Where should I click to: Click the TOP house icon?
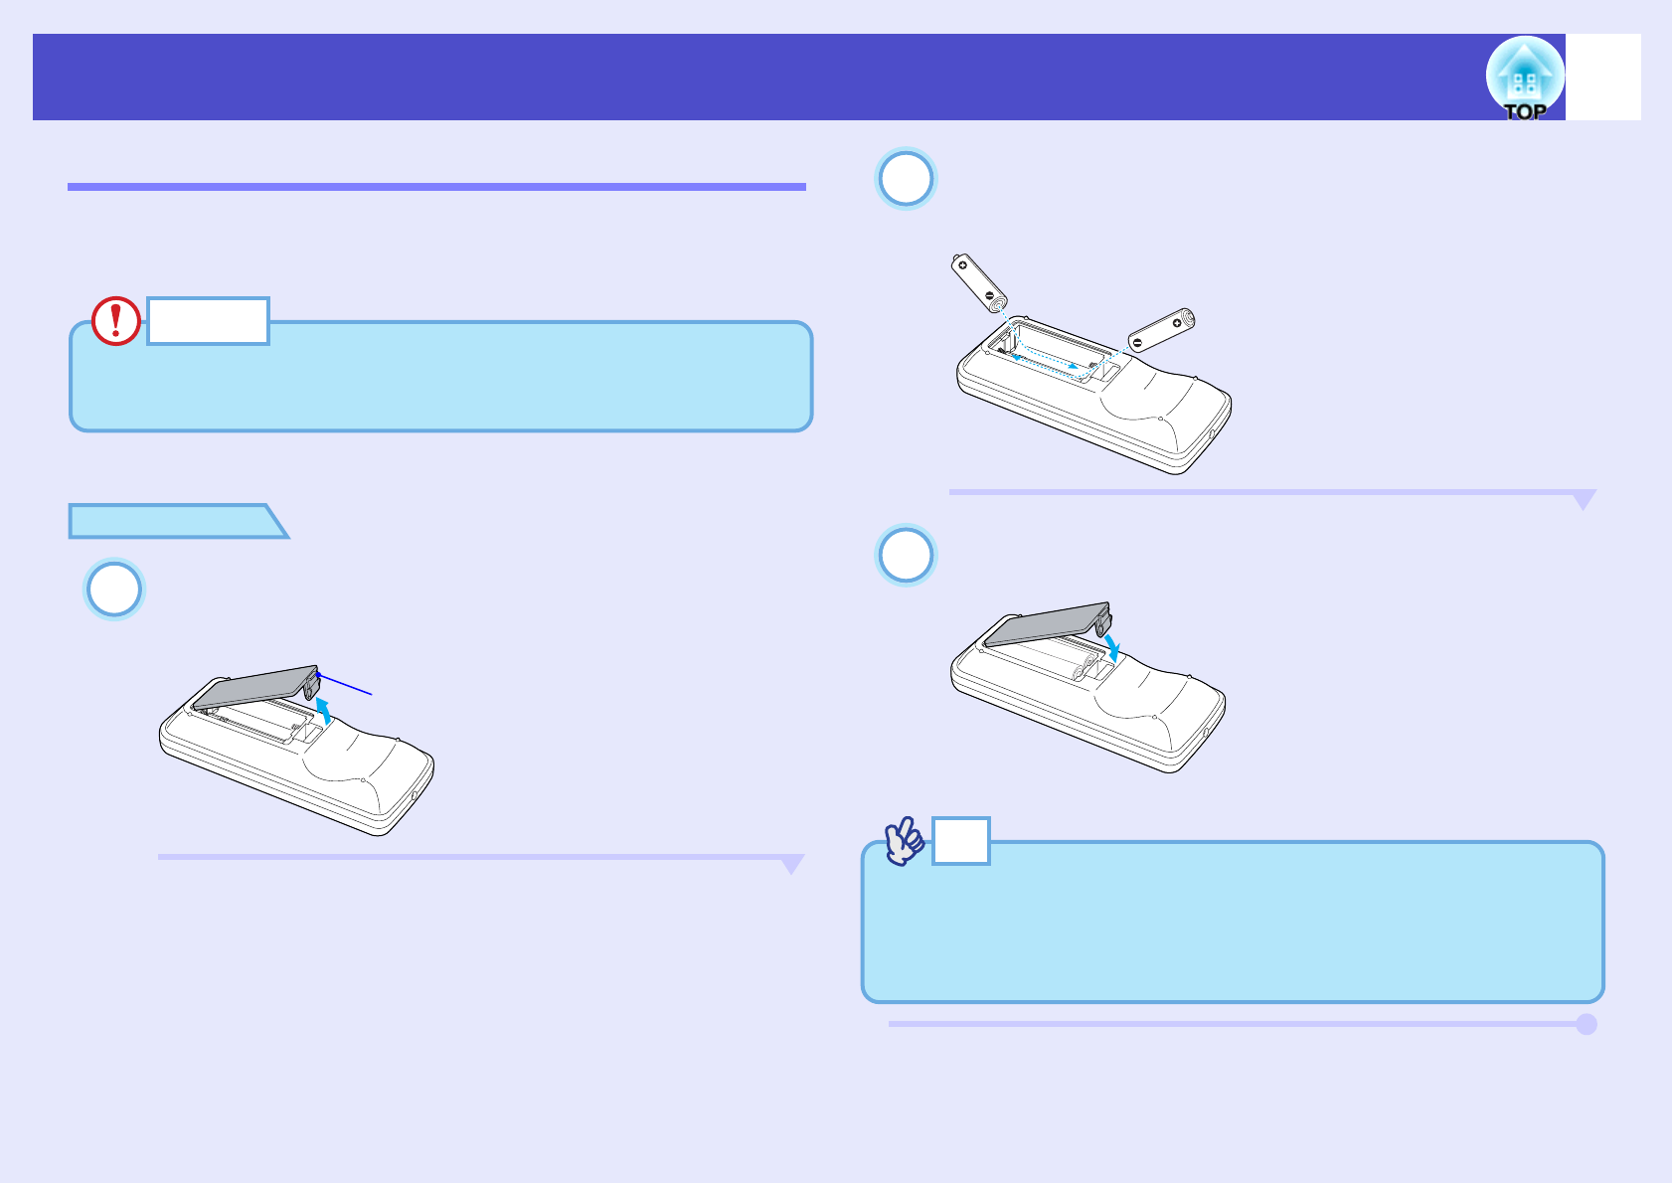tap(1524, 78)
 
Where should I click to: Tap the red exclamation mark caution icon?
tap(116, 321)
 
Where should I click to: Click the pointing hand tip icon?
tap(905, 841)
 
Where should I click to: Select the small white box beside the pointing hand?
tap(960, 841)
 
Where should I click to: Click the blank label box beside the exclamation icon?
tap(208, 321)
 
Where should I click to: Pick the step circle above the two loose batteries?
tap(906, 179)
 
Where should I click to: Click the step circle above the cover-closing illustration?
tap(906, 555)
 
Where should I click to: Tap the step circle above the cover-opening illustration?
tap(114, 590)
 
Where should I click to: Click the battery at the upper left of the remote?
tap(979, 281)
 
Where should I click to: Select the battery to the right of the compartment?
tap(1161, 330)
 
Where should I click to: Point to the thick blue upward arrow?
tap(324, 710)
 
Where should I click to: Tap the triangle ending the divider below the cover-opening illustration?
tap(792, 864)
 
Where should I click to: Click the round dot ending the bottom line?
tap(1587, 1024)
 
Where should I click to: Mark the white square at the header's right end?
tap(1602, 78)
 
